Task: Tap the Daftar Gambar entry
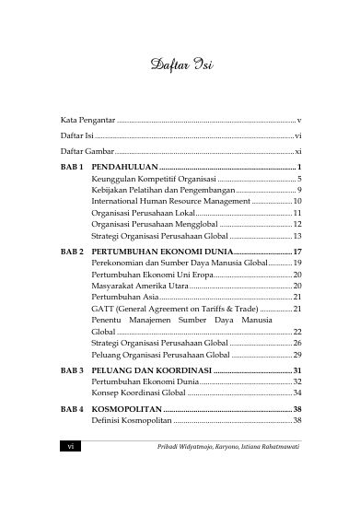coord(89,149)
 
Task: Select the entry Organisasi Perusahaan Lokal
coord(143,212)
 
